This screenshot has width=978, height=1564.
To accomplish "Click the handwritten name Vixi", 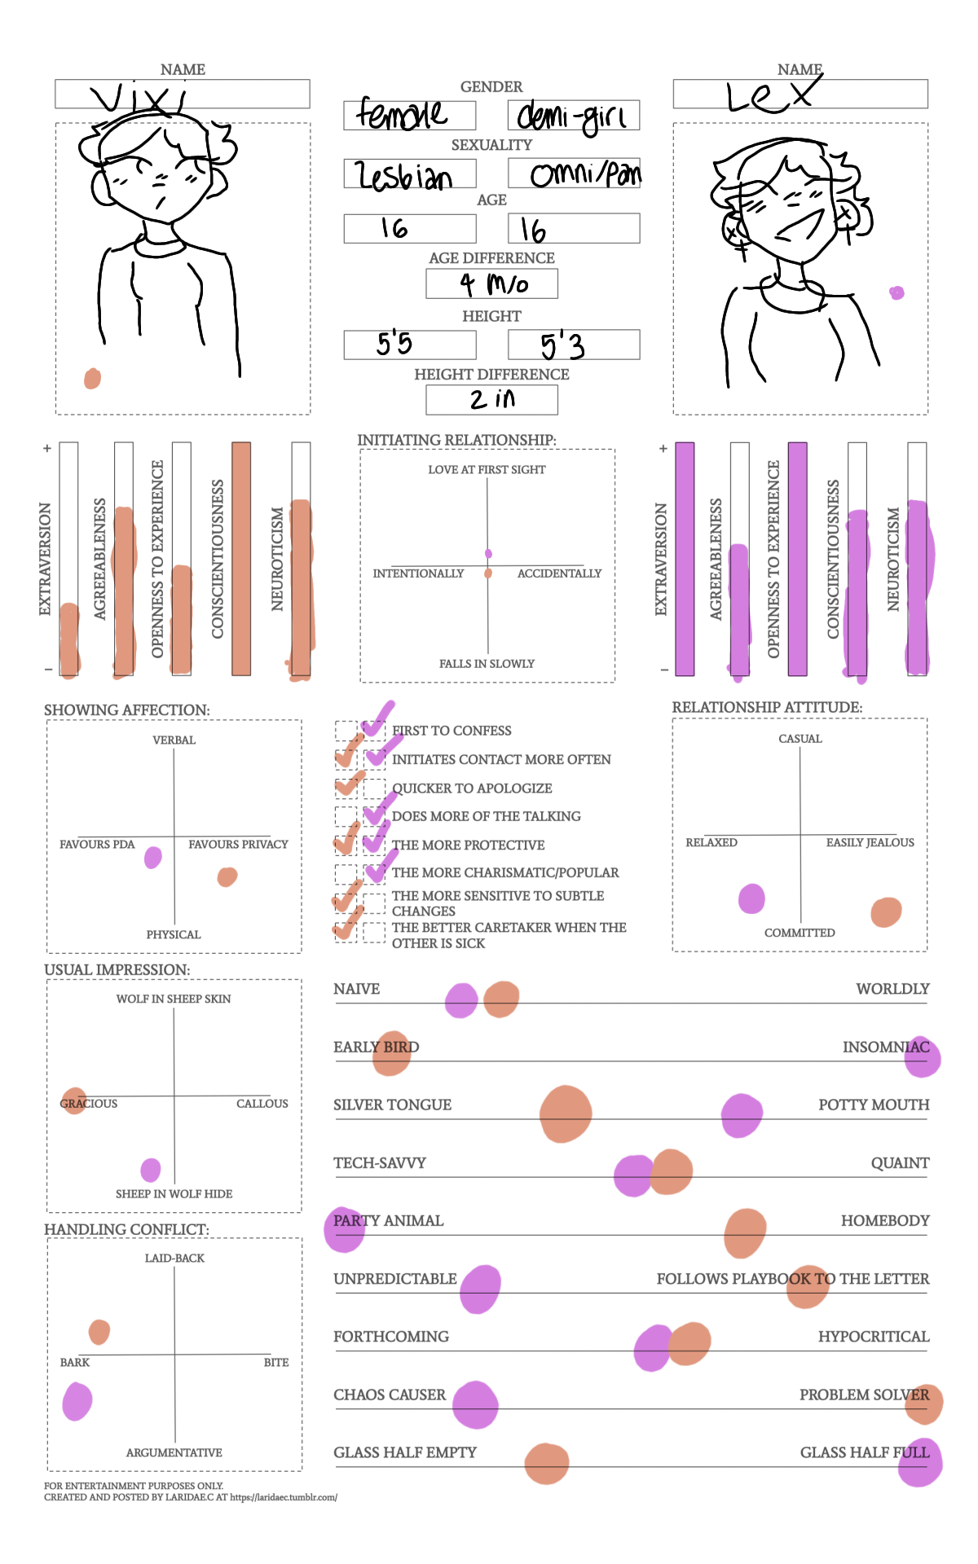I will pos(139,99).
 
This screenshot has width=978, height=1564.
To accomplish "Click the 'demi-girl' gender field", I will pos(573,116).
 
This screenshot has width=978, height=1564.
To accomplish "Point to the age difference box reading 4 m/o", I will pos(491,283).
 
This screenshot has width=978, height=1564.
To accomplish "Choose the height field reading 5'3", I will pos(573,345).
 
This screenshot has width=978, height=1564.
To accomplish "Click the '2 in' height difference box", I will pos(491,399).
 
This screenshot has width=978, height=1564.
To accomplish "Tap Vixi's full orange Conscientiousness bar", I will pos(241,559).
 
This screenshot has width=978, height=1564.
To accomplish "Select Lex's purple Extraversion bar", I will pos(685,559).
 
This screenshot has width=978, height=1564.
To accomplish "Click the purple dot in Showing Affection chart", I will pos(153,857).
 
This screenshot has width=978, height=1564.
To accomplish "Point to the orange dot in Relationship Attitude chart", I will pos(886,912).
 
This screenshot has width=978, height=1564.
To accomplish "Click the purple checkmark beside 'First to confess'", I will pos(377,719).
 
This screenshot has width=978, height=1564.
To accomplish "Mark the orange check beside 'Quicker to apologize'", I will pos(348,784).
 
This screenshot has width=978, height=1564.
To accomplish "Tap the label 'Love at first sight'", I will pos(487,470).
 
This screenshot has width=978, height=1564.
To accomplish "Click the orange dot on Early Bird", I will pos(391,1052).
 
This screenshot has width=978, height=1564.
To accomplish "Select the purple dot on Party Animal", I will pos(344,1228).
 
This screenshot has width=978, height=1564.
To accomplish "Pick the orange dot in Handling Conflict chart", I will pos(99,1332).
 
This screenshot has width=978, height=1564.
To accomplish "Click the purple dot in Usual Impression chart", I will pos(151,1170).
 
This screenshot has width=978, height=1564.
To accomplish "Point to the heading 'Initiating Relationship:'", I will pos(456,440).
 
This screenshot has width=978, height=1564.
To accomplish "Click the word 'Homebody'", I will pos(885,1220).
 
